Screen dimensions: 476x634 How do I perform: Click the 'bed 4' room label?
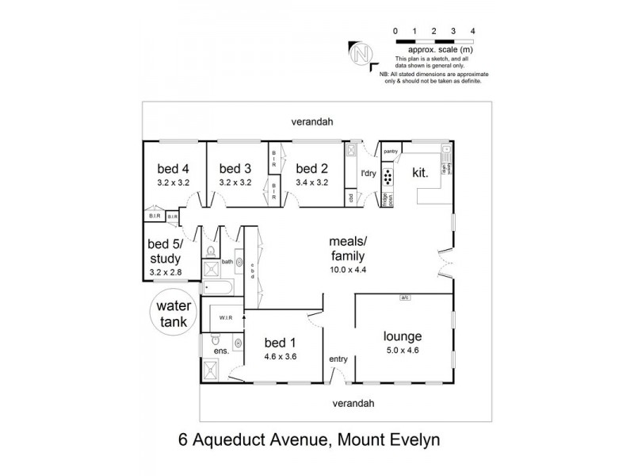173,168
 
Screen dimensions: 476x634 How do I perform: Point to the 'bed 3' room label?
235,168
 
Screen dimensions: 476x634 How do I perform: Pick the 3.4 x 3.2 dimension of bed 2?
311,182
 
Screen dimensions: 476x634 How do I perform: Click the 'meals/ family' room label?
348,248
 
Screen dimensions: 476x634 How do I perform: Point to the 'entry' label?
338,359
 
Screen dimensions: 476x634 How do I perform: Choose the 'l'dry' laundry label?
368,174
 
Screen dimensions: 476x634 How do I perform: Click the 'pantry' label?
390,151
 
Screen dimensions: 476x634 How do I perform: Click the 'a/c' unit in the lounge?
405,298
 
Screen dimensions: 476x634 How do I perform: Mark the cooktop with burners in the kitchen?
388,176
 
